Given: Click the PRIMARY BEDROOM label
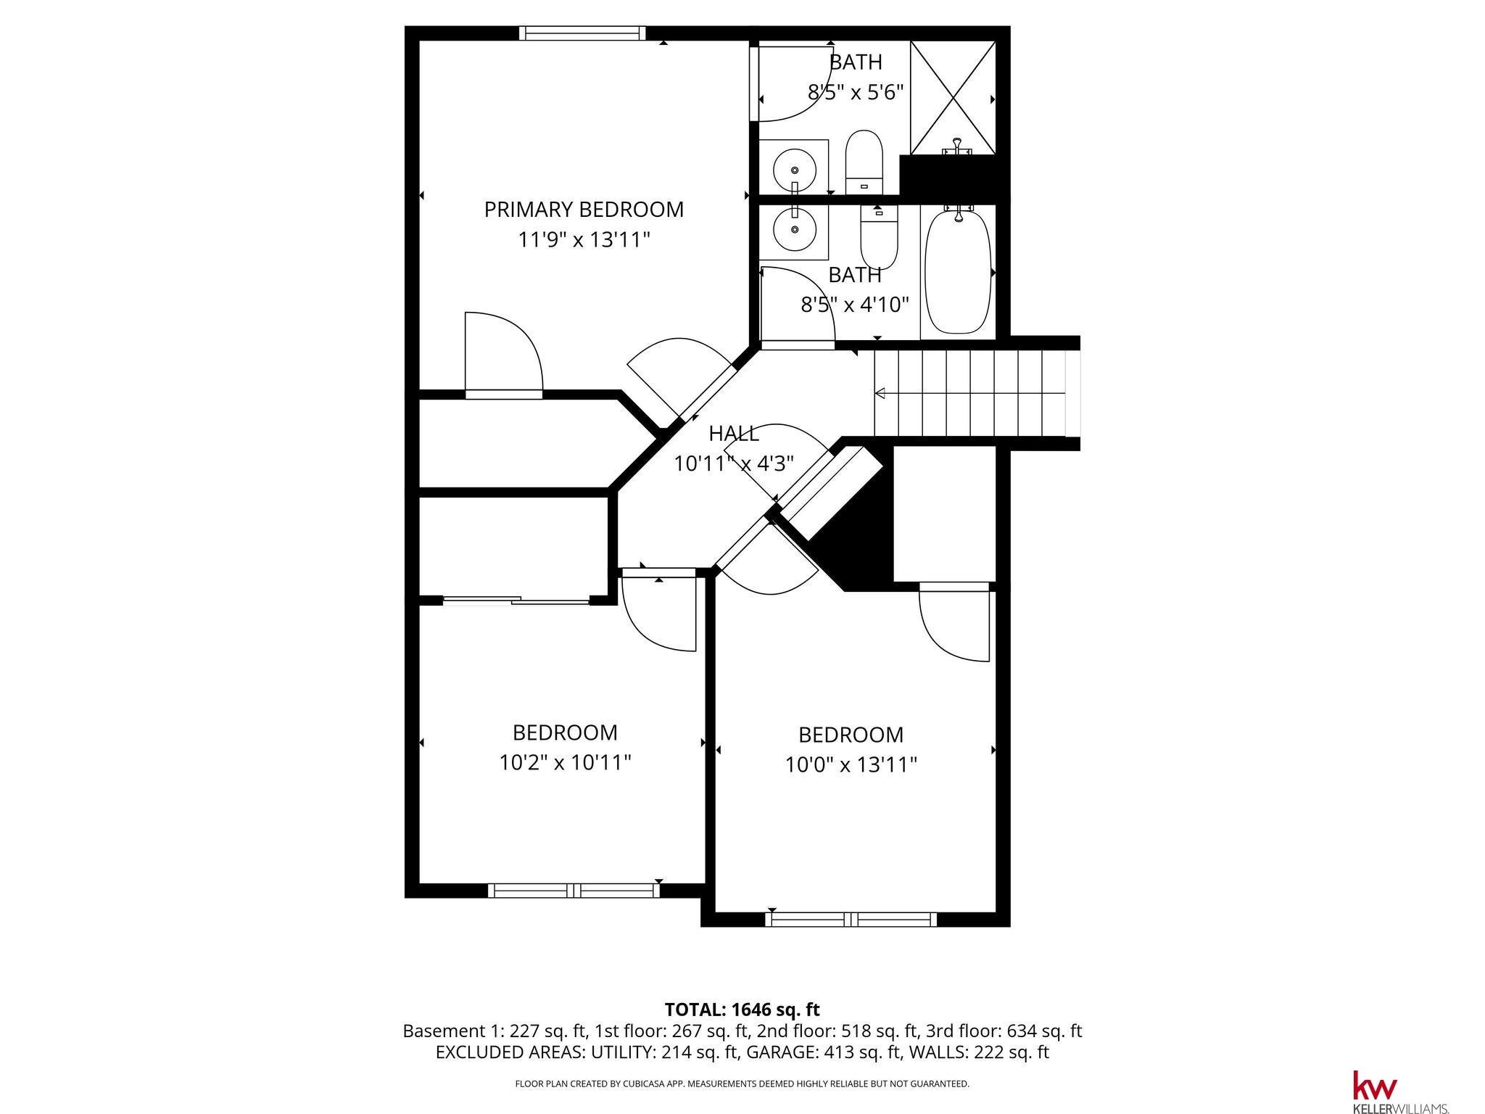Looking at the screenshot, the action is coord(584,210).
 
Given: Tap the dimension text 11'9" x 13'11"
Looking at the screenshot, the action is coord(584,239).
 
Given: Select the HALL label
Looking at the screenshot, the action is coord(734,434).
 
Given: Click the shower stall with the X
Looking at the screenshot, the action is coord(953,97).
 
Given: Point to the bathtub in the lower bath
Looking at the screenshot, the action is coord(958,271).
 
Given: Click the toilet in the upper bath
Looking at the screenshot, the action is coord(864,162).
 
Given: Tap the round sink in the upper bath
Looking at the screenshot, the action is coord(795,169).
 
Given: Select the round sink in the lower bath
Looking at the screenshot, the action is coord(795,229).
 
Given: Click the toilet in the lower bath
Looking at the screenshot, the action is coord(879,237).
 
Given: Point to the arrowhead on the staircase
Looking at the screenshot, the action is coord(880,394).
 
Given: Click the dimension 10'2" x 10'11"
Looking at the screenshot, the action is coord(566,763).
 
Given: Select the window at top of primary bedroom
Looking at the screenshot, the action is coord(582,33).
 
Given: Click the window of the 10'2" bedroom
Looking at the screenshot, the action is coord(574,891).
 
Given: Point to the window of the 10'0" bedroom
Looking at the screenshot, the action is coord(851,920).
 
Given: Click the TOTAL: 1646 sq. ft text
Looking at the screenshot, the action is coord(742,1010).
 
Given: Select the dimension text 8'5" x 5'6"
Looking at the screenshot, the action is coord(856,92).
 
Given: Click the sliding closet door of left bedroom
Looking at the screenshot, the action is coord(516,600).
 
